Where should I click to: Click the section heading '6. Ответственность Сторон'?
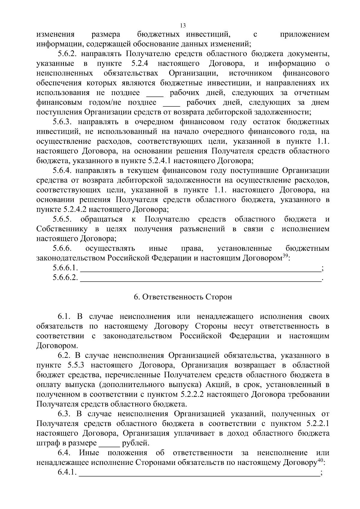click(183, 297)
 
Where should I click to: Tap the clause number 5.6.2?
click(67, 54)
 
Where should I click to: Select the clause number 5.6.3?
click(62, 122)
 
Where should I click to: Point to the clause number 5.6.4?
click(62, 171)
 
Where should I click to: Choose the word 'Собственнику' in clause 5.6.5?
click(62, 229)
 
